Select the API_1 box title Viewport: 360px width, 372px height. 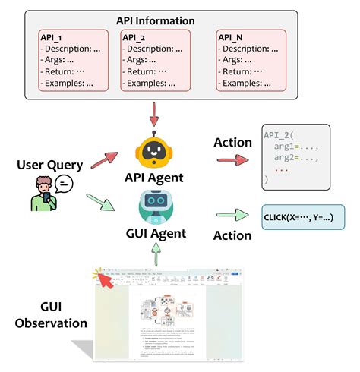coord(58,36)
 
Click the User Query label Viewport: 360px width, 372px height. coord(47,165)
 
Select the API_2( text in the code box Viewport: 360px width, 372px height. coord(279,134)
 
